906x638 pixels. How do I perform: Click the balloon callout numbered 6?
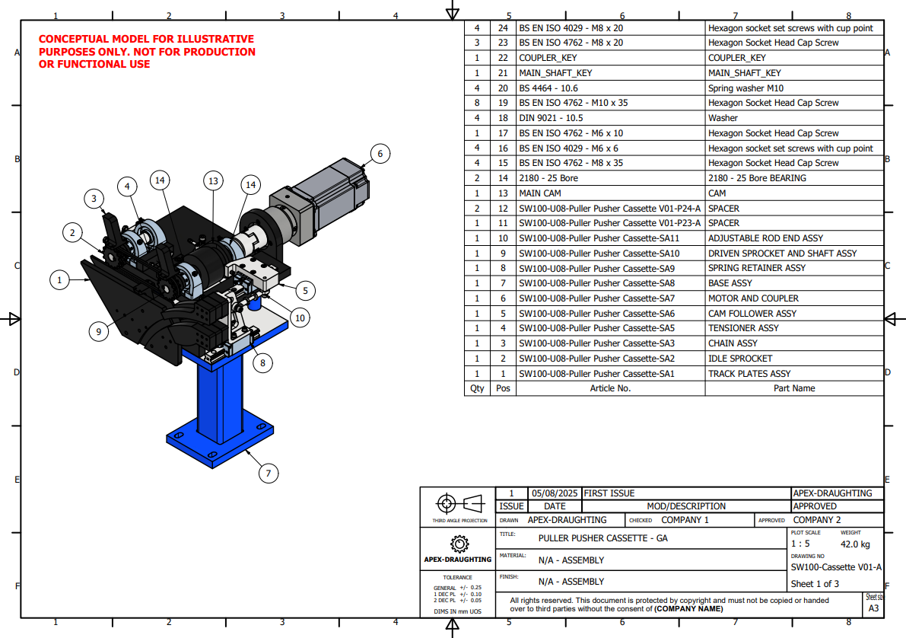click(380, 154)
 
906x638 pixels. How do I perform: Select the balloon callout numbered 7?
click(268, 473)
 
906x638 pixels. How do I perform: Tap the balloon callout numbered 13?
click(213, 181)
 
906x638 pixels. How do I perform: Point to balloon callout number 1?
click(59, 280)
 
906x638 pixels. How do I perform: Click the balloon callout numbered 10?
click(300, 317)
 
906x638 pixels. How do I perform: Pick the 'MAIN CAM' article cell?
click(539, 193)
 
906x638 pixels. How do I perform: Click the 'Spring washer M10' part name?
click(746, 88)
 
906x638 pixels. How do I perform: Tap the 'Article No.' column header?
click(610, 388)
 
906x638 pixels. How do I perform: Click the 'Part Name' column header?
click(794, 388)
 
